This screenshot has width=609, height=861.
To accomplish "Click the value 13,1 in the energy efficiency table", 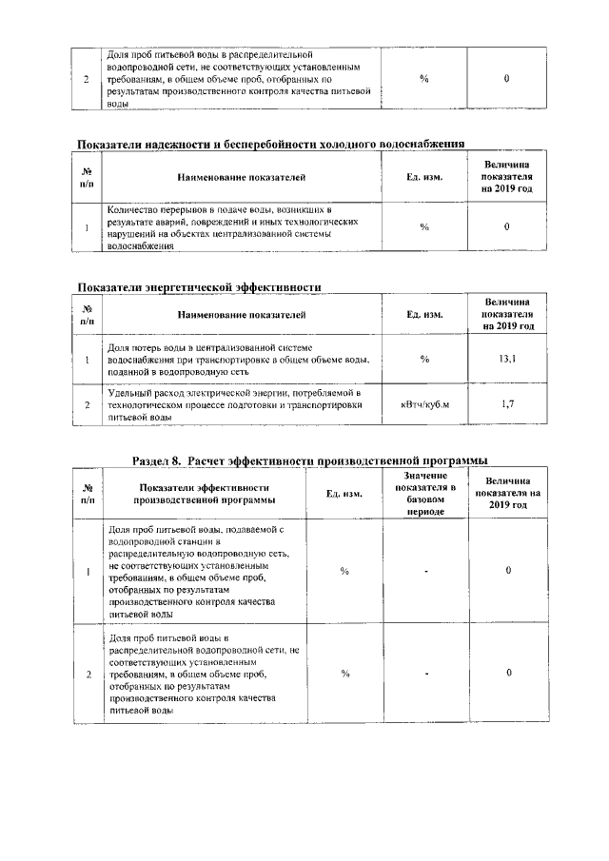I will coord(507,359).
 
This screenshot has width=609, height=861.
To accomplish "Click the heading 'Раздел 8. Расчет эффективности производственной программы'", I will coord(317,460).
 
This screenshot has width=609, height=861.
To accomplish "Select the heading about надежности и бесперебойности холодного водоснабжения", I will coord(270,145).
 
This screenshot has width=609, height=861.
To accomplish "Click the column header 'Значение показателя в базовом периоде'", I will coord(424,493).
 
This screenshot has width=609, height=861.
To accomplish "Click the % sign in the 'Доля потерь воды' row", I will coord(424,359).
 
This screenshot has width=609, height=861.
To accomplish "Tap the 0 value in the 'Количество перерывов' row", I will coord(507,226).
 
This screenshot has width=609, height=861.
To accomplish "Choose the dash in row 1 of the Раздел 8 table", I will coord(426,571).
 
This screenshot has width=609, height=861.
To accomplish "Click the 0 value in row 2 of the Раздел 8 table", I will coord(509,673).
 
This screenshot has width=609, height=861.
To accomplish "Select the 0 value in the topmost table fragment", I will coord(507,79).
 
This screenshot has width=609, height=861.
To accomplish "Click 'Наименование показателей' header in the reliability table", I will coord(241,178).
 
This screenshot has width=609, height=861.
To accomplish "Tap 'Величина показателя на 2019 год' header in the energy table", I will coord(507,313).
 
